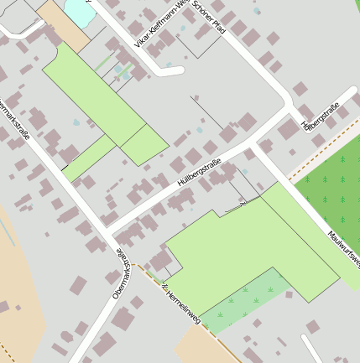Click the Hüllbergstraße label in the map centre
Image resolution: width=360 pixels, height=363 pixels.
(x=199, y=172)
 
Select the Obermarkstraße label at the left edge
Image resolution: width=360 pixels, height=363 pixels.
(x=13, y=117)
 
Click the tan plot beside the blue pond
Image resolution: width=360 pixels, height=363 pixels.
(x=63, y=25)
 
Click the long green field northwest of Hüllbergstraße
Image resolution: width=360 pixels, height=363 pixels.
(x=97, y=92)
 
